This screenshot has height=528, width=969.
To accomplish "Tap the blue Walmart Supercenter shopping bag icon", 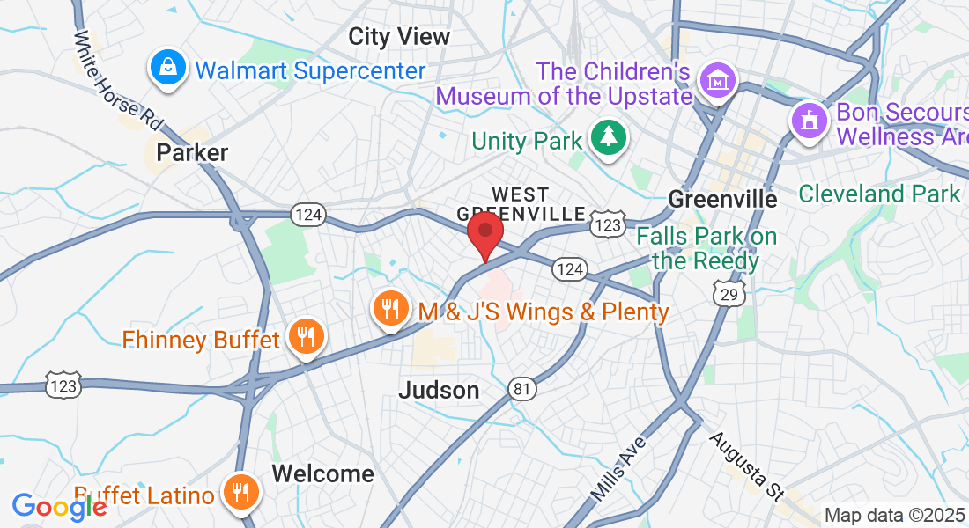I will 166,69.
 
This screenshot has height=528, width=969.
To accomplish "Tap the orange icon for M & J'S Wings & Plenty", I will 389,309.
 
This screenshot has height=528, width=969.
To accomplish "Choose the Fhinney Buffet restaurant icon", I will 306,337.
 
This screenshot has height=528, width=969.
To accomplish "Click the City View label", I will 399,36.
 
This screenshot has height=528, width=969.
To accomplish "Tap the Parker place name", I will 192,152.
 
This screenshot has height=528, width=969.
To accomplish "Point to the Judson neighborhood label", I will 439,390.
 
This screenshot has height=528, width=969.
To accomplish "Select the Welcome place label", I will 322,473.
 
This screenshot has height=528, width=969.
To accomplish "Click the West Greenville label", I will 521,203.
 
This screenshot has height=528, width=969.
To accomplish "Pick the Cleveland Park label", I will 878,194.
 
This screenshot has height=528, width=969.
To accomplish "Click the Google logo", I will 59,506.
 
